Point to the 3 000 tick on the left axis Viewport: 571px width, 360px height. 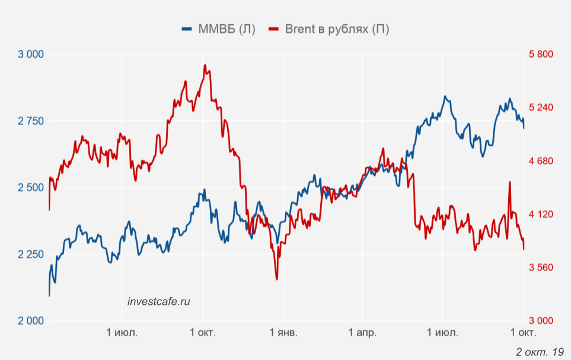[x=31, y=55]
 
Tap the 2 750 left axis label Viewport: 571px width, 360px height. [x=31, y=121]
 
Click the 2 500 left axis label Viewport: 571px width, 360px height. [x=31, y=188]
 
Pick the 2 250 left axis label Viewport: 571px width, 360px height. [x=31, y=254]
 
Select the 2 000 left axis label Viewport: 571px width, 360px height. [x=31, y=321]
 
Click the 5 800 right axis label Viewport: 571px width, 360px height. [x=540, y=55]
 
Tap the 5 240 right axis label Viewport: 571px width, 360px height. [x=540, y=108]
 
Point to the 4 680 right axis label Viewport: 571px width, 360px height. [x=540, y=161]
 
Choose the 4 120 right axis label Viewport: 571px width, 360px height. [x=540, y=214]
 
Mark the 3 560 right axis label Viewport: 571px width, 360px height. [x=540, y=267]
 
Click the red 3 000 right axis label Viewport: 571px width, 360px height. [x=540, y=321]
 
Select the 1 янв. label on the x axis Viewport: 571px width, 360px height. [x=284, y=333]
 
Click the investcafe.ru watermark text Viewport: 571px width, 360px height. [x=159, y=301]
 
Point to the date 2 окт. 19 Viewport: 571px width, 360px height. [x=540, y=352]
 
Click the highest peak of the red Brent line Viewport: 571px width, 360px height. [x=205, y=65]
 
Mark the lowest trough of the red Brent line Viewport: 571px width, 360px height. [x=276, y=279]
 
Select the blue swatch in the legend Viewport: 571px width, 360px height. [x=188, y=29]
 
